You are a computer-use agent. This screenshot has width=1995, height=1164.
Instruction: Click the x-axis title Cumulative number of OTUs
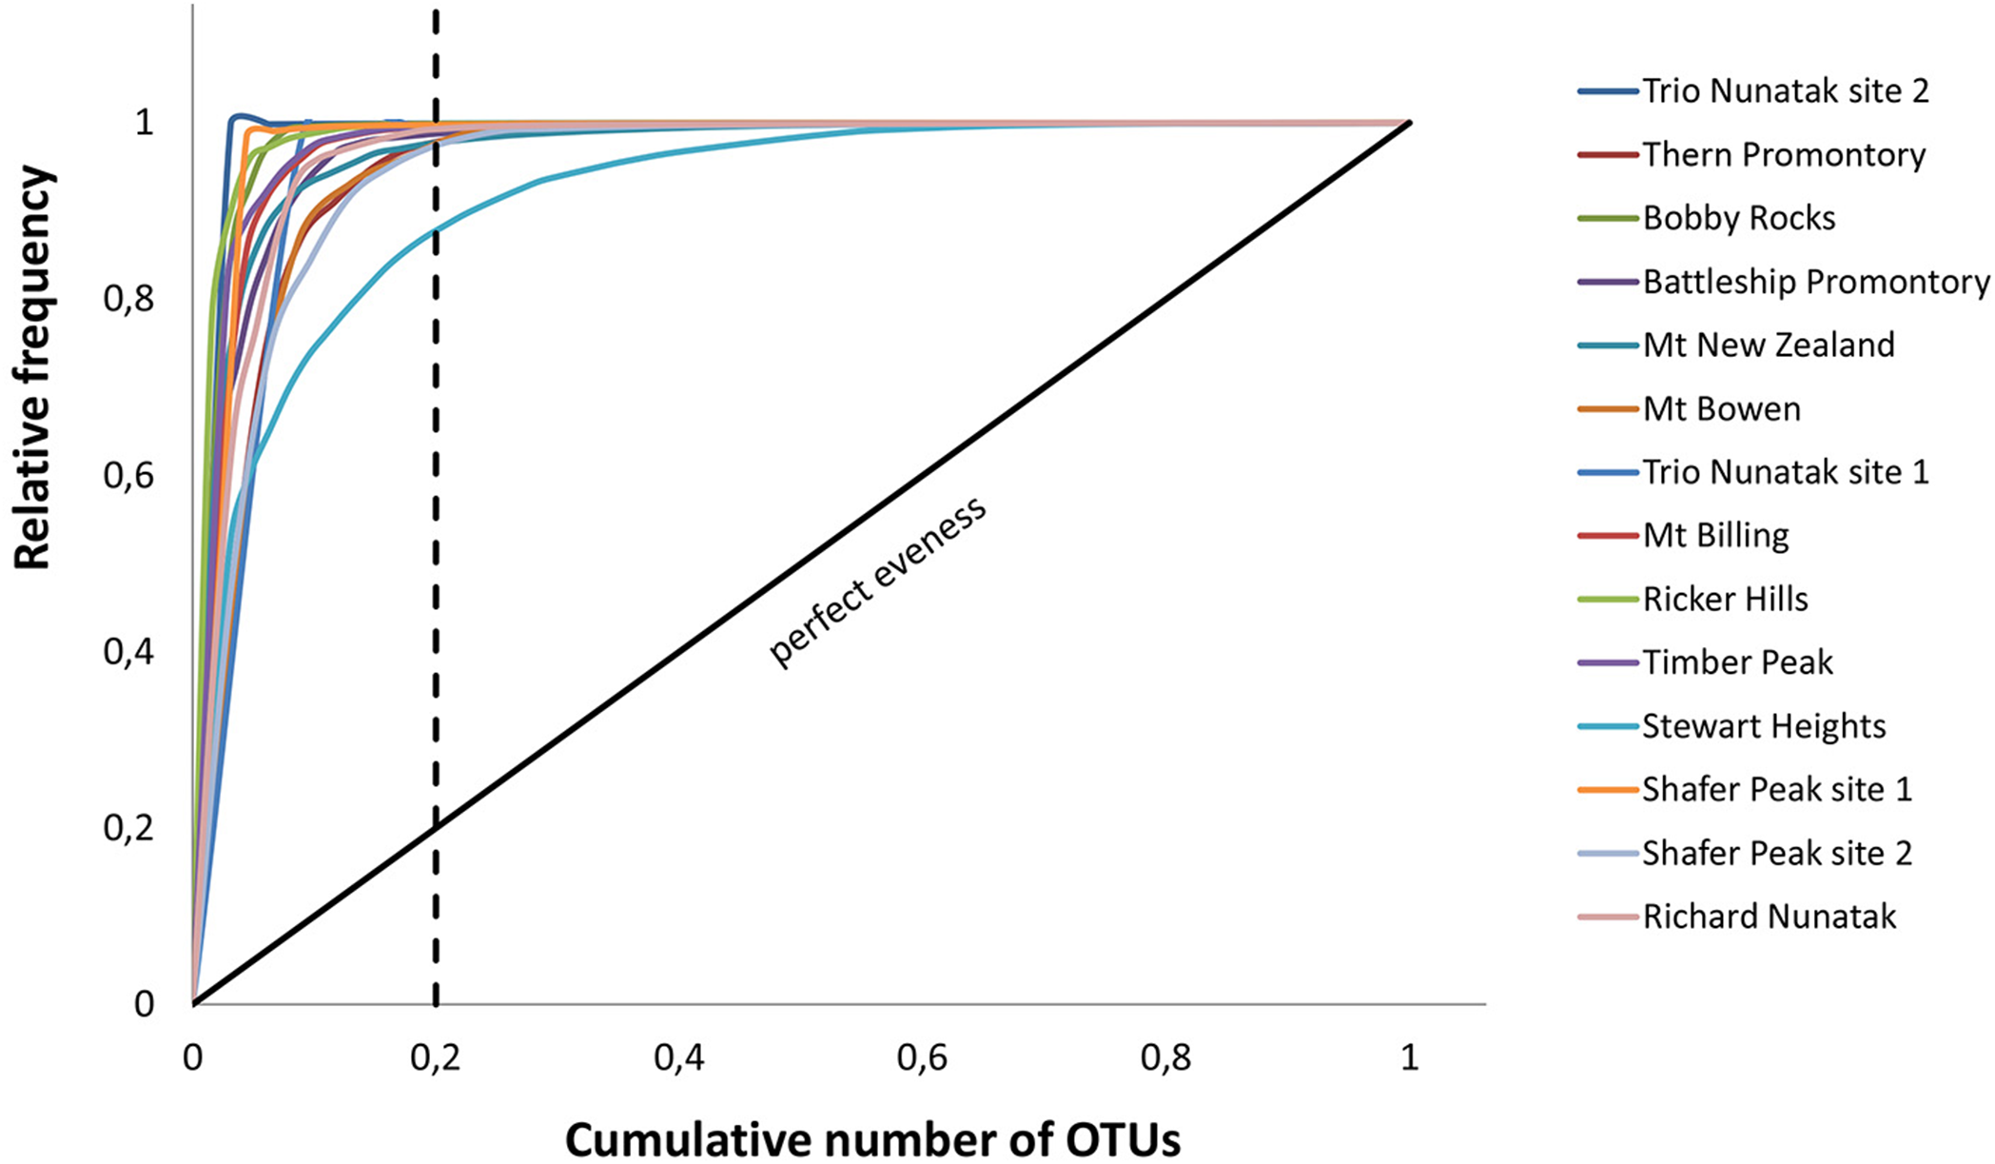(872, 1139)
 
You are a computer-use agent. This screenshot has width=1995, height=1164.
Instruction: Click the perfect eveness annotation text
(877, 582)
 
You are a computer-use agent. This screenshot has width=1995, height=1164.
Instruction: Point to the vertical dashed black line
(436, 571)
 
